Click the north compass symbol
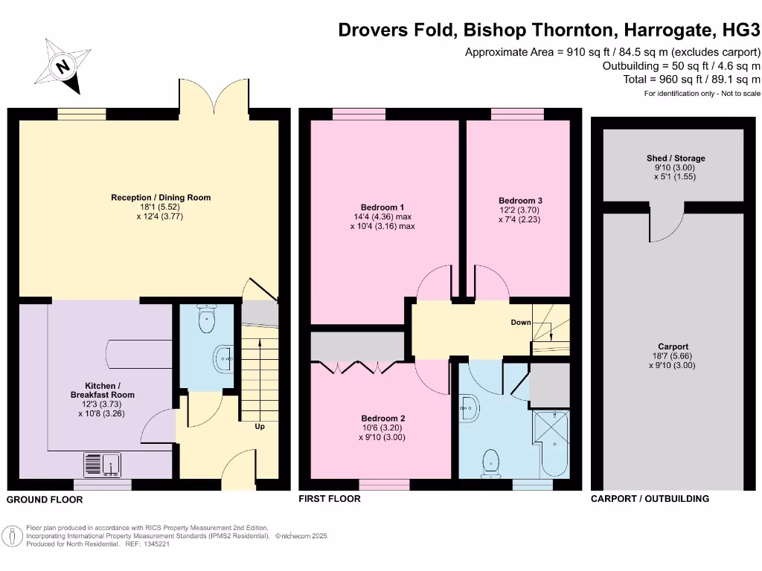63,68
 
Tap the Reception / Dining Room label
161,198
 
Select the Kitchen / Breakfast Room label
103,390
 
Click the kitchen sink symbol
103,465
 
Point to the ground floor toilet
206,320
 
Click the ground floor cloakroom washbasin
224,358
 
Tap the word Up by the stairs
260,427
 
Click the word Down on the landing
521,323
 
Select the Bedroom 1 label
382,207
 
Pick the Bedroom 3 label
520,201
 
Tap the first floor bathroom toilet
491,462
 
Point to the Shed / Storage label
676,158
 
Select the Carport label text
673,346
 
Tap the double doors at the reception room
213,97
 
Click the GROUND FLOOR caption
45,500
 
